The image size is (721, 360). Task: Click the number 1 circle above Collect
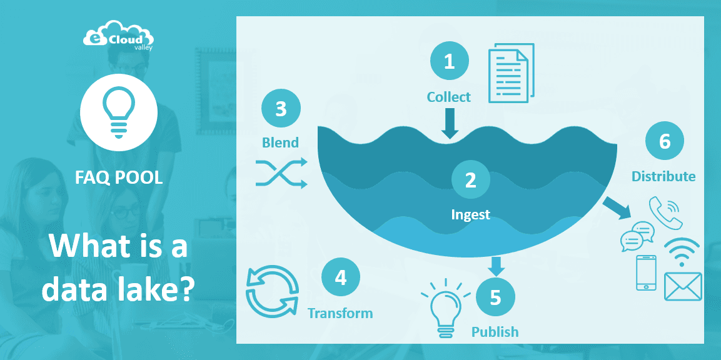pos(449,61)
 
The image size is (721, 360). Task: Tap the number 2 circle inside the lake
pos(470,180)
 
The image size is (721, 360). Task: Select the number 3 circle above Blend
pos(281,109)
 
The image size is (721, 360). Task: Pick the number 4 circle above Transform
pos(340,277)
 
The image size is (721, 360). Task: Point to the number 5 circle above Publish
pos(496,297)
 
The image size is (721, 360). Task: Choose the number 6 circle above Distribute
pos(665,141)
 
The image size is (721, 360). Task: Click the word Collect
pos(449,97)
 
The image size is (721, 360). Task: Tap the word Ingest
pos(470,215)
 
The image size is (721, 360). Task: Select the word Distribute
pos(663,176)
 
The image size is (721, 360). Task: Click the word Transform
pos(340,314)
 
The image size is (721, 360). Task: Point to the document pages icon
pos(511,72)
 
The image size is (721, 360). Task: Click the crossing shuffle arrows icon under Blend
pos(281,173)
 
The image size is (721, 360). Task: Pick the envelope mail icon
pos(683,286)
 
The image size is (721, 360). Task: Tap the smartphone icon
pos(647,272)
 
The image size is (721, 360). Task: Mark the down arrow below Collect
pos(450,124)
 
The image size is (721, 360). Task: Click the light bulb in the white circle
pos(119,112)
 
